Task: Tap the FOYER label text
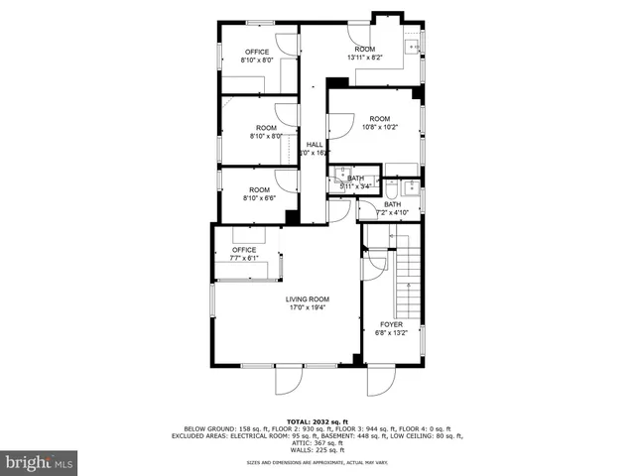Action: [x=392, y=324]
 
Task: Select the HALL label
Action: [x=315, y=145]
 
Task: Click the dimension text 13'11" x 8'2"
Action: [x=365, y=58]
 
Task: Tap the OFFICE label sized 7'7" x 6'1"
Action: [x=244, y=250]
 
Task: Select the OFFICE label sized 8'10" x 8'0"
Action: [x=257, y=52]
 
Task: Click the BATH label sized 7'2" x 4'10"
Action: [x=393, y=204]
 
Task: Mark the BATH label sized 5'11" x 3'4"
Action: [x=355, y=178]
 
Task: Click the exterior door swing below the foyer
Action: [x=380, y=382]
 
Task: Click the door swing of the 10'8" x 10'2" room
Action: [x=340, y=125]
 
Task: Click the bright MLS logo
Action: [x=39, y=462]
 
